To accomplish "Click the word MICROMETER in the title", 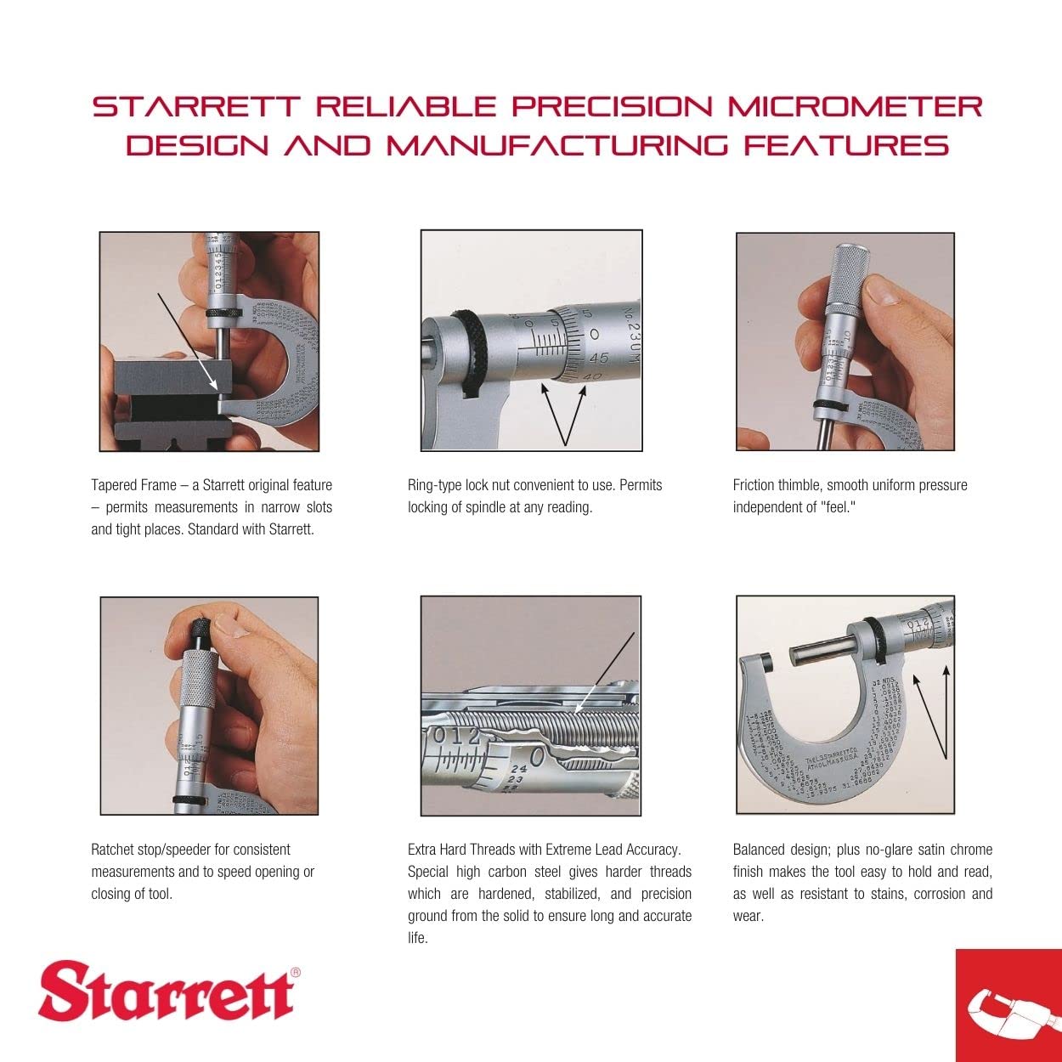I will click(855, 107).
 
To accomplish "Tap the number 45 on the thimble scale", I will click(599, 359).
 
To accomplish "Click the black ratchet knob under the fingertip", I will click(200, 631).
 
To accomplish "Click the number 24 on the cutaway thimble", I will click(518, 769).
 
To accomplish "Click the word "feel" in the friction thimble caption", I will click(838, 507).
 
